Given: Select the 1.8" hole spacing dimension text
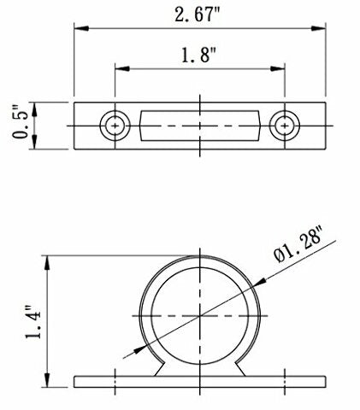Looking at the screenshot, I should tap(199, 57).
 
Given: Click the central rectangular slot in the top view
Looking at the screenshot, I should tap(199, 127).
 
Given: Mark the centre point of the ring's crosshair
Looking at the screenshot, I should tap(199, 317).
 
